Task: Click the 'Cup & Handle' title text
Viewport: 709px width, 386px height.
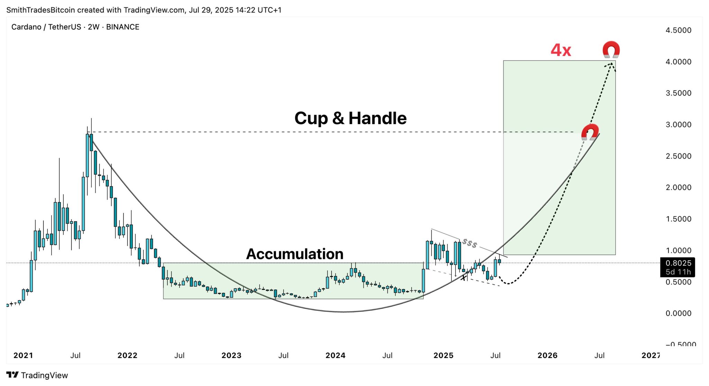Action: click(350, 118)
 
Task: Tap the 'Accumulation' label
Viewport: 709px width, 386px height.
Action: click(295, 254)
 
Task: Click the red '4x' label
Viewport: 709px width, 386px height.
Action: click(561, 50)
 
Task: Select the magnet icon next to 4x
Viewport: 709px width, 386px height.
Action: click(611, 49)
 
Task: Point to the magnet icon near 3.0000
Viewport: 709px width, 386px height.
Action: click(590, 132)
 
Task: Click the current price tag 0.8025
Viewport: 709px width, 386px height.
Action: click(677, 263)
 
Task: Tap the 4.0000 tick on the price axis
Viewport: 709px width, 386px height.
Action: click(678, 62)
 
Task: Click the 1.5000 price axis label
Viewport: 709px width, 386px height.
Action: click(678, 219)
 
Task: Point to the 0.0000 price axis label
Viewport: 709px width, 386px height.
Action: click(678, 313)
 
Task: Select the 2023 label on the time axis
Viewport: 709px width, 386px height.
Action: click(231, 356)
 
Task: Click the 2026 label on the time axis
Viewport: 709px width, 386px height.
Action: click(547, 356)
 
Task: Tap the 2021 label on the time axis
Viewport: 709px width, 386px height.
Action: click(23, 356)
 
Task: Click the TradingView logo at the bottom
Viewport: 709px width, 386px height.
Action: click(37, 375)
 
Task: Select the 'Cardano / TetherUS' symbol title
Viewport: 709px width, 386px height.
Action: click(46, 27)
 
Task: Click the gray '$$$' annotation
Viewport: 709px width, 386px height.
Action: click(470, 243)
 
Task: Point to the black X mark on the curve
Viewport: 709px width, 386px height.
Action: click(464, 277)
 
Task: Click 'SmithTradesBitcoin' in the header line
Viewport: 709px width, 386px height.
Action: click(41, 10)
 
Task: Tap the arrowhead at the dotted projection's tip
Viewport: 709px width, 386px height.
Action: click(612, 64)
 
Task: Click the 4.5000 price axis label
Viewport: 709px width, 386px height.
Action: click(678, 30)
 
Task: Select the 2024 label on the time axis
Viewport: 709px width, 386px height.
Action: click(335, 356)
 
